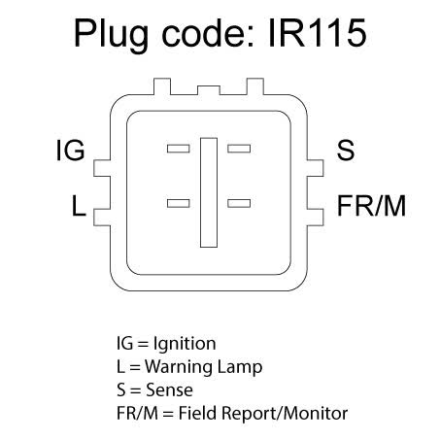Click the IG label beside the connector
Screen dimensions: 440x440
click(x=71, y=151)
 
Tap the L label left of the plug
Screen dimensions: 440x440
click(x=79, y=206)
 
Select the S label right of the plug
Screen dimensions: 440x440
click(x=346, y=151)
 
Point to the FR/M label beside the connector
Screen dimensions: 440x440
click(x=371, y=206)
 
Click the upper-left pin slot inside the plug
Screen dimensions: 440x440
click(x=179, y=149)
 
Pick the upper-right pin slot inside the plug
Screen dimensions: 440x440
click(x=239, y=149)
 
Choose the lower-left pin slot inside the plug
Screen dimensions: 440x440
click(x=179, y=203)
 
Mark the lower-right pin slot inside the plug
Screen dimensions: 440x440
click(x=239, y=203)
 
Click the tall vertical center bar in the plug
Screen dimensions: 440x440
click(x=209, y=192)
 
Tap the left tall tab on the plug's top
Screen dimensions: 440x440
click(x=162, y=86)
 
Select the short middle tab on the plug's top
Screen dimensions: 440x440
click(x=209, y=90)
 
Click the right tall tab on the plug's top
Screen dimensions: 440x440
click(x=255, y=86)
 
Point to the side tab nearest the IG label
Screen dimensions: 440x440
click(x=102, y=168)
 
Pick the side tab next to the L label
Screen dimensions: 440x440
click(x=102, y=218)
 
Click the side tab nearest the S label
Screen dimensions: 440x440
click(x=316, y=168)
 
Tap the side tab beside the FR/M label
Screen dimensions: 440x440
click(x=316, y=218)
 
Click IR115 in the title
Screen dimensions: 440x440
click(x=318, y=33)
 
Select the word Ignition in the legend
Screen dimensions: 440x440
click(x=185, y=345)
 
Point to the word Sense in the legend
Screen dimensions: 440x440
click(x=169, y=389)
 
